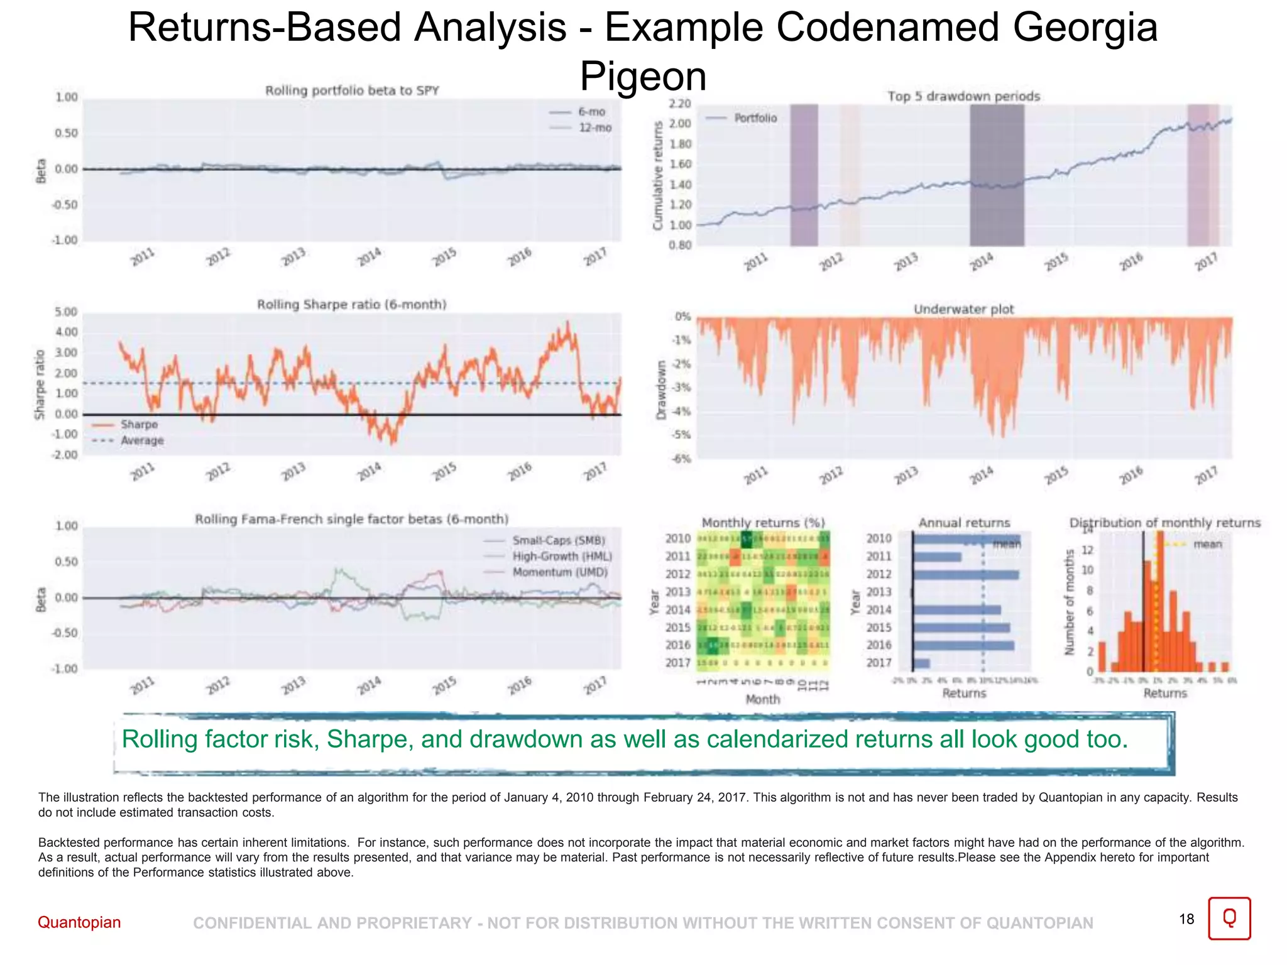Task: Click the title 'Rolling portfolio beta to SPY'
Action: point(352,90)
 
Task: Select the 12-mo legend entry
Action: point(594,128)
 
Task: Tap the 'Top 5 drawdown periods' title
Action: point(963,96)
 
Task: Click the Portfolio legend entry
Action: point(755,118)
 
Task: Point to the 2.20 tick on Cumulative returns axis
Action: point(680,104)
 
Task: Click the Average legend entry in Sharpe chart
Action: point(141,440)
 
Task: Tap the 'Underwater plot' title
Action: point(963,309)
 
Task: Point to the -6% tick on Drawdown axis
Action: point(681,459)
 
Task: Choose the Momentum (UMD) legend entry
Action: point(559,572)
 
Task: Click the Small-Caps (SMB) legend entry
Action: point(558,540)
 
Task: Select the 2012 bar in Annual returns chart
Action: point(965,574)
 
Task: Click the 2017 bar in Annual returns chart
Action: point(921,663)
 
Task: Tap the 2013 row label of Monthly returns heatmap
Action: point(677,592)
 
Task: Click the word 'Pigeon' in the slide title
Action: point(643,76)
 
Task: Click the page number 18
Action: point(1186,919)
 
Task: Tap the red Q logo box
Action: point(1229,919)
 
